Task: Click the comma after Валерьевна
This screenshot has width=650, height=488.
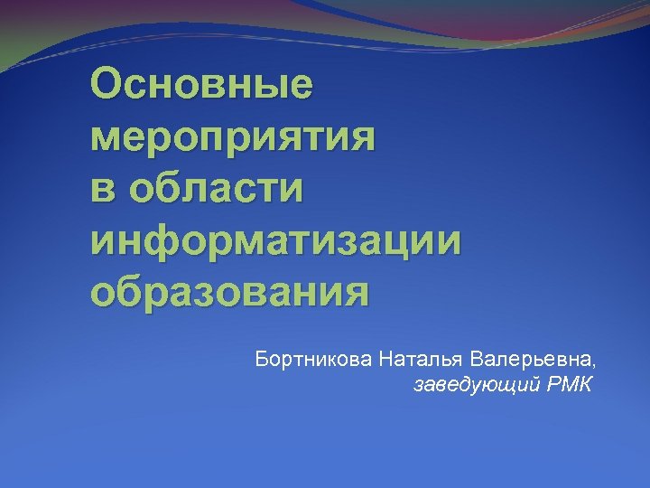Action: coord(594,365)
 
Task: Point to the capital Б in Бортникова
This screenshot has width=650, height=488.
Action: coord(262,360)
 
